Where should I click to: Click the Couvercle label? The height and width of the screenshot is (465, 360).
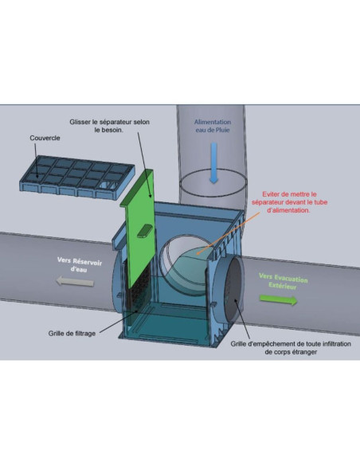45,138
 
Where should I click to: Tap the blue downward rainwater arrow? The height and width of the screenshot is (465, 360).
213,162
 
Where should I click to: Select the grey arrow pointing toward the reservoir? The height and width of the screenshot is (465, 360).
75,281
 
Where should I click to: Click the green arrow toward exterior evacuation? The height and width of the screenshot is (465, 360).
278,299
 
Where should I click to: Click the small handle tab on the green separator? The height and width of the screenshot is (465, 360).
145,231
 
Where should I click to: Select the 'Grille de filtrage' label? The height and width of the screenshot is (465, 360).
72,334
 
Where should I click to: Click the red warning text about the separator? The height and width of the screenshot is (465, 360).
289,202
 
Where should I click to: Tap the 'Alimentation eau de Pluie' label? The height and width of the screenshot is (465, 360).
213,126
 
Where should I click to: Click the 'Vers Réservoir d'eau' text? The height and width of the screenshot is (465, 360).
80,264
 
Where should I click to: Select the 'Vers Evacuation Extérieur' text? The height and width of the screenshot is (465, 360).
284,281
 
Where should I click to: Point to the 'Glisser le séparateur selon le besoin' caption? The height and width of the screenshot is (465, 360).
109,126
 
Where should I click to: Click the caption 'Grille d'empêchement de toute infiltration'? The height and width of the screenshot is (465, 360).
291,344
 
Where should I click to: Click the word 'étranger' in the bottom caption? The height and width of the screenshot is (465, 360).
304,352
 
